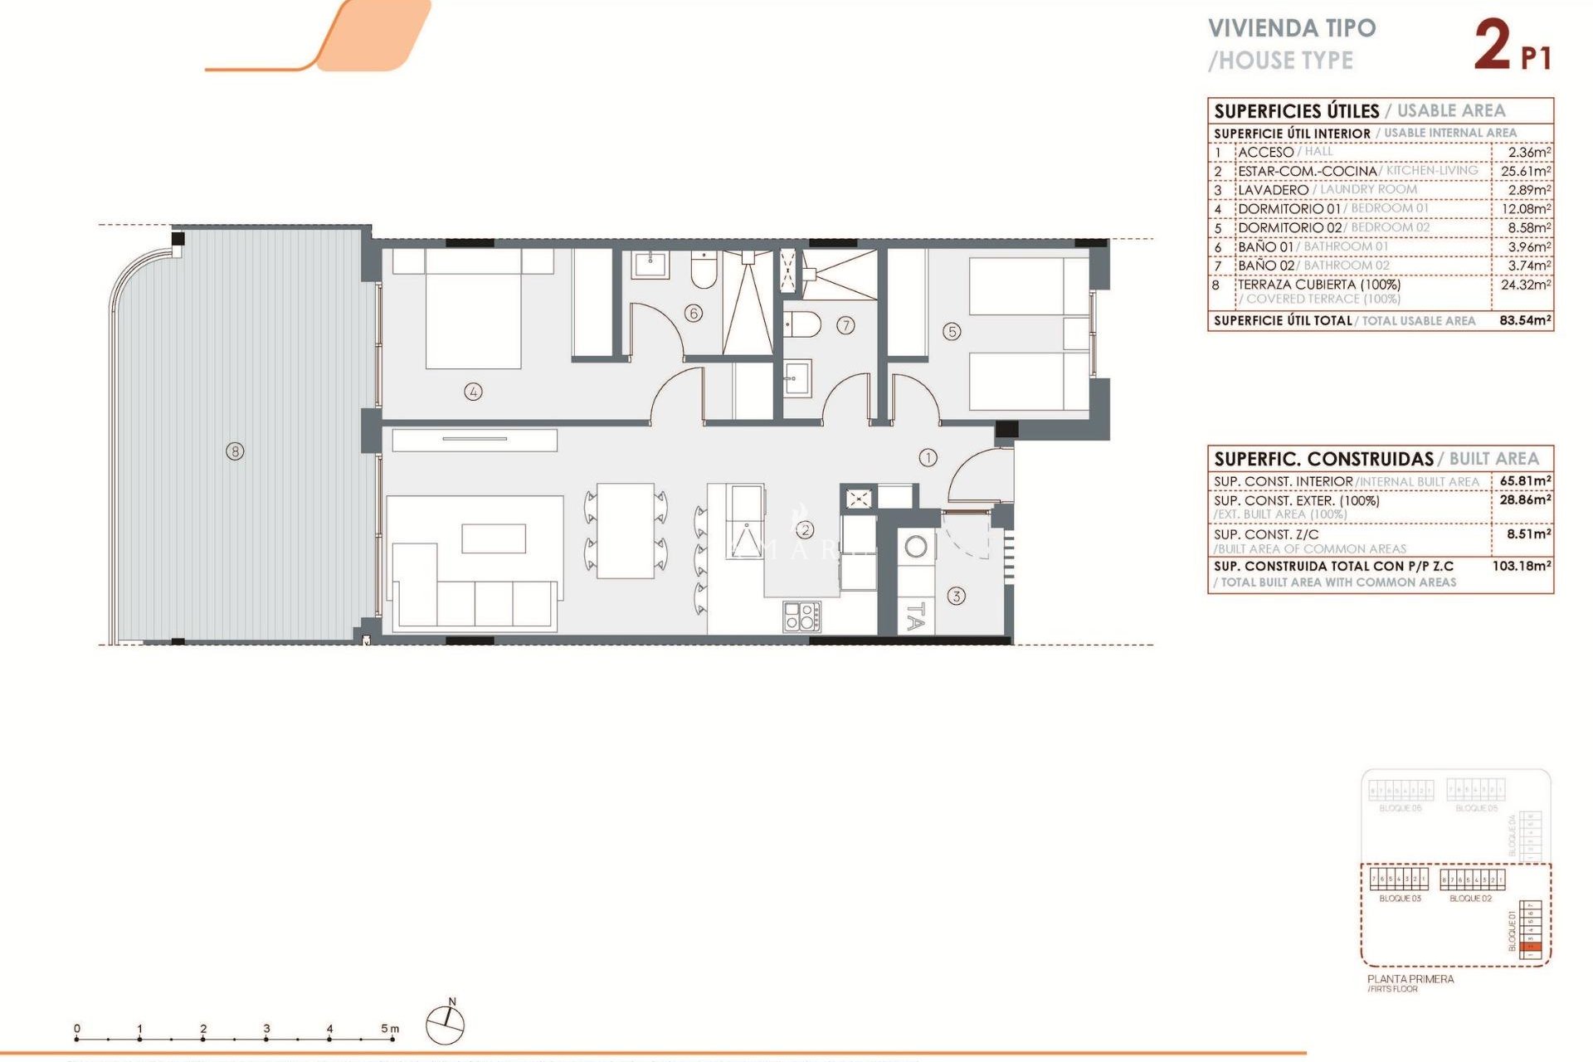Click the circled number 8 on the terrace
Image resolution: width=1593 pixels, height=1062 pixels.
236,451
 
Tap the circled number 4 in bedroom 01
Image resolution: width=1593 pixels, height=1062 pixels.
473,392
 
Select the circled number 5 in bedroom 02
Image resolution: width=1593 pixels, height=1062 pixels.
952,332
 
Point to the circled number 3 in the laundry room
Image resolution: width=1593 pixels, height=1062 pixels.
956,596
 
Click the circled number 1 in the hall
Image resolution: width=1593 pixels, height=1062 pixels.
928,457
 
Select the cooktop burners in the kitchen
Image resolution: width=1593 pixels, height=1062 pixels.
801,616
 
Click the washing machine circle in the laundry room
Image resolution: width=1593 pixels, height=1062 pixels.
916,547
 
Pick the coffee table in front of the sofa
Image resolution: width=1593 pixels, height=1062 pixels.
494,538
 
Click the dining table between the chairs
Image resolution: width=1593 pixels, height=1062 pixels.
626,531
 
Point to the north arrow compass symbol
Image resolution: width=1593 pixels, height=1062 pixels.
446,1023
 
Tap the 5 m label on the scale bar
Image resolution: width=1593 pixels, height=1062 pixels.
390,1029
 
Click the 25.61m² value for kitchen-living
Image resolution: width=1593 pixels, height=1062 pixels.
1525,171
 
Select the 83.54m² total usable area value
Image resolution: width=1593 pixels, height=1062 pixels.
1525,320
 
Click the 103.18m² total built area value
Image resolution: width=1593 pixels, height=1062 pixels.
1522,566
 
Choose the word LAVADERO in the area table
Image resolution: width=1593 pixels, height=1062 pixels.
1273,190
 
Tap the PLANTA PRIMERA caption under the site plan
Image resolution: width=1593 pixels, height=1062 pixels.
1410,979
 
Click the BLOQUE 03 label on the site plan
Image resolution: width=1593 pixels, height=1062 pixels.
1400,899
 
